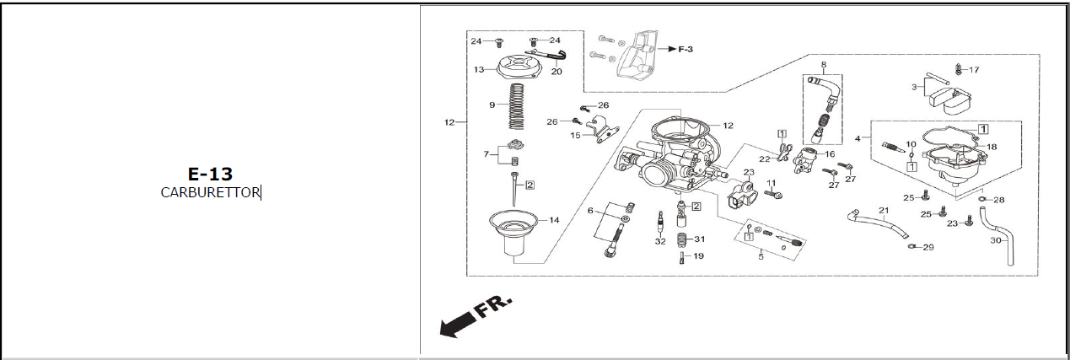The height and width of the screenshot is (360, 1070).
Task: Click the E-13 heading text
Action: tap(210, 175)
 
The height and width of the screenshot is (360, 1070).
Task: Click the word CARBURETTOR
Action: tap(210, 192)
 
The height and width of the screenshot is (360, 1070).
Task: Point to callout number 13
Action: tap(478, 70)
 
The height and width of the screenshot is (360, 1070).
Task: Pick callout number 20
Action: tap(556, 72)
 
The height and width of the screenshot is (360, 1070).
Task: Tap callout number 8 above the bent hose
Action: tap(823, 64)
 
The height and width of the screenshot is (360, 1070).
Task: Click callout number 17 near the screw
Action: tap(974, 70)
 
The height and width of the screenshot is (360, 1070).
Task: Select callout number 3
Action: tap(914, 87)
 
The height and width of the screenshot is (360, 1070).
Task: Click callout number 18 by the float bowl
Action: tap(992, 147)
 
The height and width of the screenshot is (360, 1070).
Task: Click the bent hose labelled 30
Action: tap(1003, 244)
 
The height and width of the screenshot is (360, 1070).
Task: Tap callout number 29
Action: tap(928, 248)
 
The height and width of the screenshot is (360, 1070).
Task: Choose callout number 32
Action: tap(660, 241)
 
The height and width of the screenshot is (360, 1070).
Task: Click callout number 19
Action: tap(698, 255)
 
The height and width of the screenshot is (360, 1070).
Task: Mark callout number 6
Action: tap(591, 211)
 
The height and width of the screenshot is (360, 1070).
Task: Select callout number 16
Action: tap(830, 154)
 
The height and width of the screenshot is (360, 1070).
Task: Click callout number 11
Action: tap(771, 183)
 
